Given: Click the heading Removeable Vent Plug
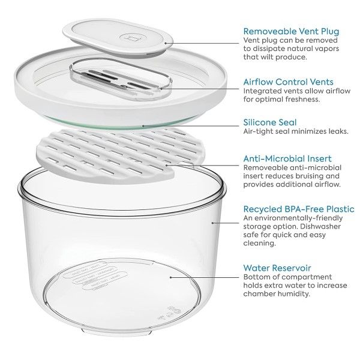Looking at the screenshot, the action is (291, 31).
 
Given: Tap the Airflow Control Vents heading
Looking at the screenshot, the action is (289, 82).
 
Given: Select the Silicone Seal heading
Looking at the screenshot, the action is (270, 122).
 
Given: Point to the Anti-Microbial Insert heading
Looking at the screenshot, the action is (287, 158).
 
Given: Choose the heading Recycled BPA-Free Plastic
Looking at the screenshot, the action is (299, 209).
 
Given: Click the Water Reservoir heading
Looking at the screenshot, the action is (277, 268).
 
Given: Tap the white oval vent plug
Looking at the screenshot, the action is (118, 37).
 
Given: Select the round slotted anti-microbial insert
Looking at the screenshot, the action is (121, 156).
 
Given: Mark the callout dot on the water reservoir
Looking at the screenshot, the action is (170, 277).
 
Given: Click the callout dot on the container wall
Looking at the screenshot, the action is (212, 223).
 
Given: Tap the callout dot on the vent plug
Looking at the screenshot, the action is (166, 43).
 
